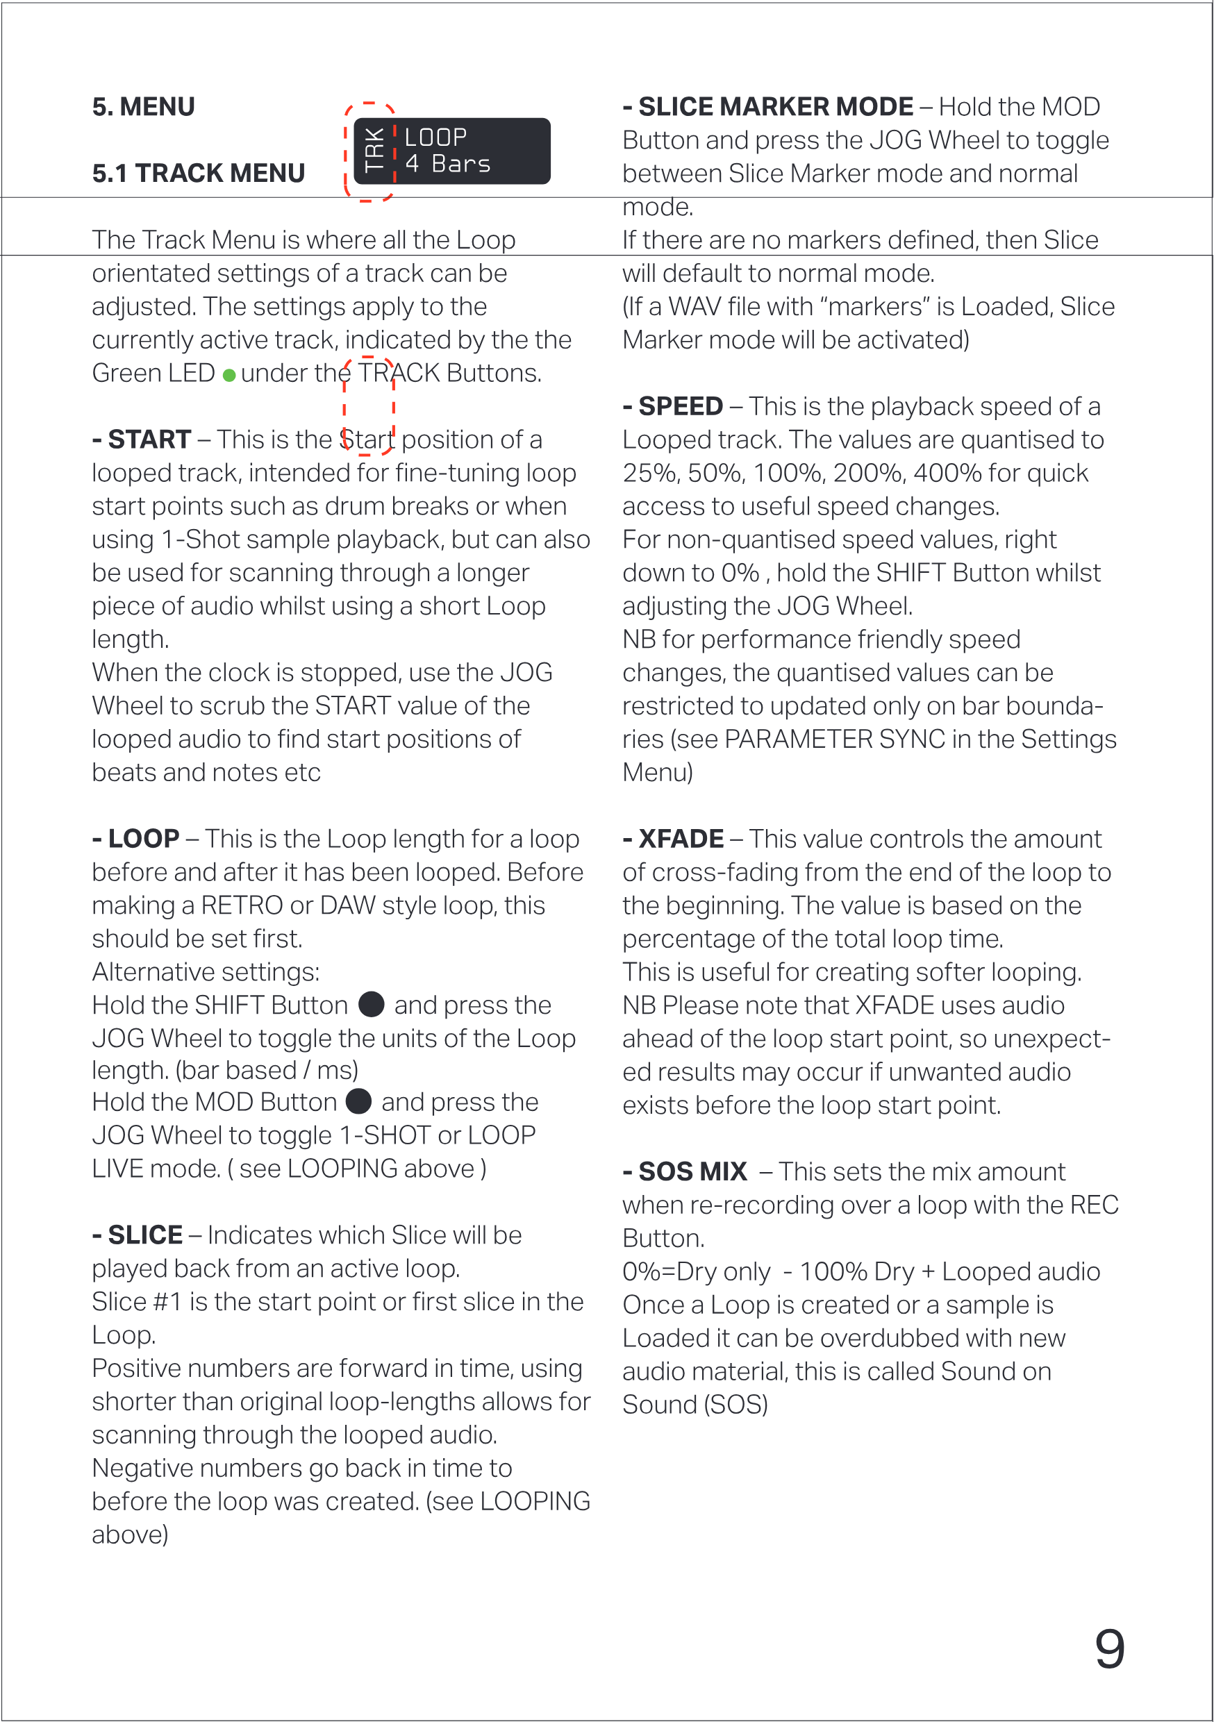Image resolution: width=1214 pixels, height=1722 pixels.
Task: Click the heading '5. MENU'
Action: (143, 107)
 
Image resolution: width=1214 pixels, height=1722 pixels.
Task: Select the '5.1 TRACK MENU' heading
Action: (198, 174)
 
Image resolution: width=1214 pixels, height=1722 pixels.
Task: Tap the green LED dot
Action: (229, 375)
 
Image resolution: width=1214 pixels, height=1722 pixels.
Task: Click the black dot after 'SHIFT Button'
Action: (372, 1004)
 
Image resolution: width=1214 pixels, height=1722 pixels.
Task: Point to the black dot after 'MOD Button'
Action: (358, 1101)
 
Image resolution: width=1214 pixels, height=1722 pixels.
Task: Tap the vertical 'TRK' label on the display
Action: (374, 151)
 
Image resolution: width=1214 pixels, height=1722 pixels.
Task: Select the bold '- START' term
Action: (142, 440)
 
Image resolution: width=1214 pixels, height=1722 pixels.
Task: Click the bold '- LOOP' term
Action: (136, 839)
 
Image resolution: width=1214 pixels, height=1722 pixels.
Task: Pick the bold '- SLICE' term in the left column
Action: (138, 1235)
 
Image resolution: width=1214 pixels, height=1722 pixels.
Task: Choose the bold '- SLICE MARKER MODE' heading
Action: (768, 107)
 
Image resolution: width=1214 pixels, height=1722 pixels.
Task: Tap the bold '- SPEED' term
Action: (673, 406)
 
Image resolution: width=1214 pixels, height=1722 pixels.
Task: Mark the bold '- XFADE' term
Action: (673, 839)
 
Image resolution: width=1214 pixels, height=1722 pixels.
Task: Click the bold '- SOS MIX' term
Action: (684, 1171)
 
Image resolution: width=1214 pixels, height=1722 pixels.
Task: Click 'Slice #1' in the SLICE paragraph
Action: (137, 1301)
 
